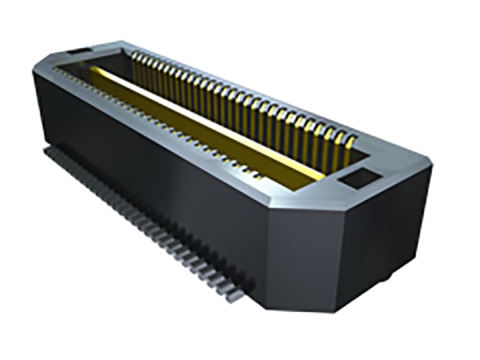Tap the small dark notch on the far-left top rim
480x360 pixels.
coord(73,52)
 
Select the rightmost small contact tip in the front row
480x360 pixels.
coord(259,176)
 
